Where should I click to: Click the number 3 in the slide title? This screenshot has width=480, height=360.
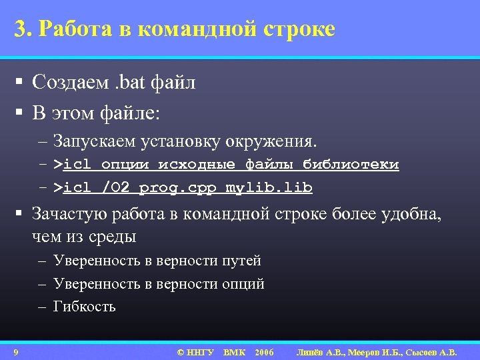pyautogui.click(x=20, y=29)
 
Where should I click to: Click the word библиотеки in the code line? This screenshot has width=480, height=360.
pyautogui.click(x=351, y=165)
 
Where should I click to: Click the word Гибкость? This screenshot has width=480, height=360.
pyautogui.click(x=84, y=307)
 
